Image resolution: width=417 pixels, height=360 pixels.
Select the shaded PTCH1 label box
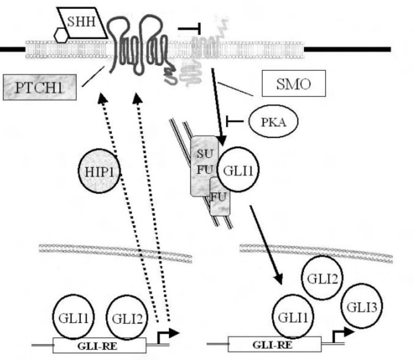point(39,88)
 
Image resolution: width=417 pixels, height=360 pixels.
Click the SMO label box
point(293,83)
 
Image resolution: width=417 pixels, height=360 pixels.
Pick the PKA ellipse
point(273,122)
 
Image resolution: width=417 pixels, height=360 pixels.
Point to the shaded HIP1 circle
point(99,171)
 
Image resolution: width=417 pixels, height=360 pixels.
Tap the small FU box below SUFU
point(220,197)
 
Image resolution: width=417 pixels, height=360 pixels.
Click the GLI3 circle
point(362,306)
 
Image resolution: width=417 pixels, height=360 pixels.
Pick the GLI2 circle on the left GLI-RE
point(127,318)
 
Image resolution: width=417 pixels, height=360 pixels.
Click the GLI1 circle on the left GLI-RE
point(73,318)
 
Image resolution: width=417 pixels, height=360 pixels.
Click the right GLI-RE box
point(275,345)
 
